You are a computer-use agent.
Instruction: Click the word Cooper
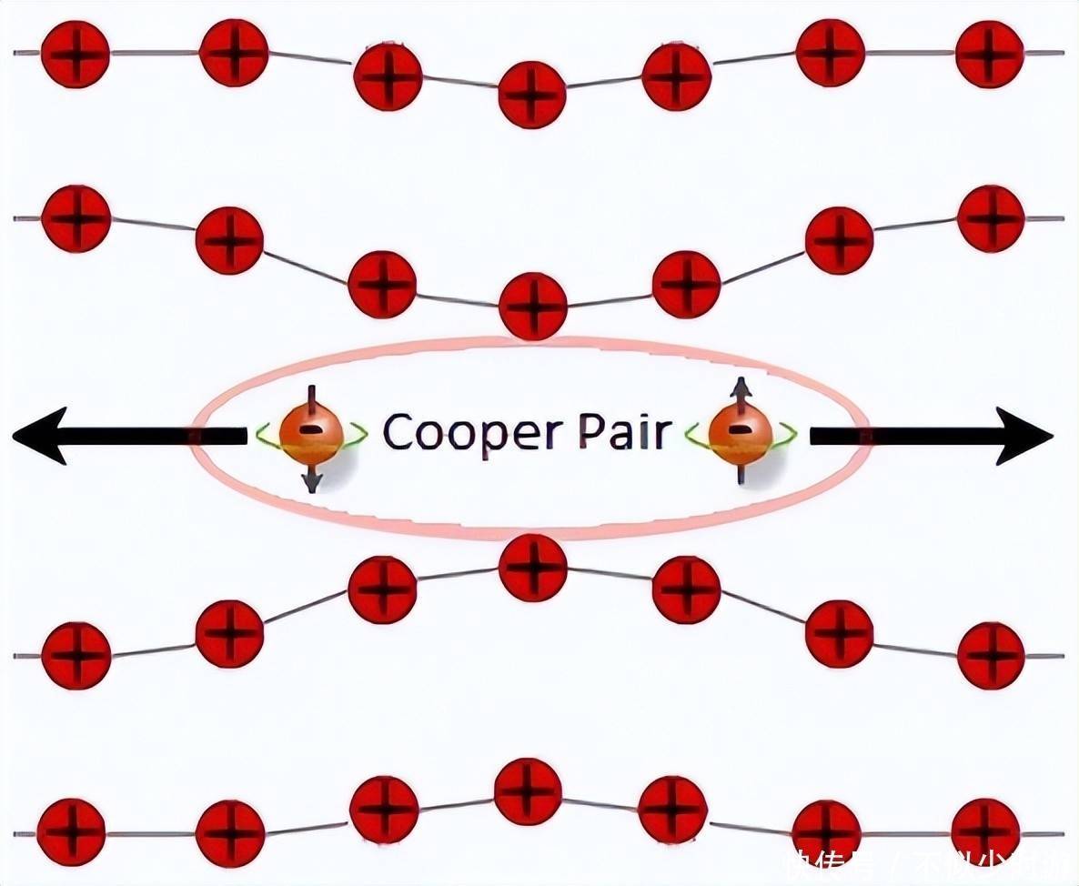pyautogui.click(x=469, y=432)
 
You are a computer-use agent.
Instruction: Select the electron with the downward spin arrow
pyautogui.click(x=310, y=434)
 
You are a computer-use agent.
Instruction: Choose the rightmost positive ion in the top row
pyautogui.click(x=990, y=54)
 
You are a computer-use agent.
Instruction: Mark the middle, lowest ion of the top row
pyautogui.click(x=532, y=94)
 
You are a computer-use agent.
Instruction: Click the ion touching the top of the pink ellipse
pyautogui.click(x=533, y=306)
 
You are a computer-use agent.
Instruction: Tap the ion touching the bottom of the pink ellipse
pyautogui.click(x=533, y=568)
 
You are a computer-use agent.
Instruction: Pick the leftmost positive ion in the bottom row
pyautogui.click(x=71, y=832)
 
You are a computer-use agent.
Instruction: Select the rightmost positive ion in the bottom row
pyautogui.click(x=985, y=832)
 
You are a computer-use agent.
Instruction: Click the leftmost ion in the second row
pyautogui.click(x=76, y=218)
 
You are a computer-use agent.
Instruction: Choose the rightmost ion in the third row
pyautogui.click(x=991, y=655)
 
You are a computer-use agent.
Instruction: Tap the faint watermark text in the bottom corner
pyautogui.click(x=928, y=864)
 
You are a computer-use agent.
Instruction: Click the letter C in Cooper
pyautogui.click(x=398, y=432)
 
